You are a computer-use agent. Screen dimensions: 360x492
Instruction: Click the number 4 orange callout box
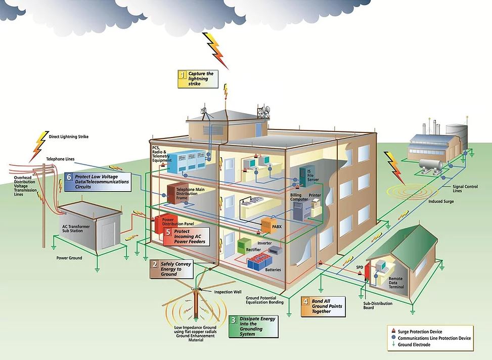(323, 306)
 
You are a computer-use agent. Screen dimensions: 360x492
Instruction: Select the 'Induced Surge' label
(441, 201)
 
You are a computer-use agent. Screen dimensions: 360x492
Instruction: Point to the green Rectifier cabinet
(244, 245)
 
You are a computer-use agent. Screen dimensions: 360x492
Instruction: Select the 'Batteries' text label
(273, 270)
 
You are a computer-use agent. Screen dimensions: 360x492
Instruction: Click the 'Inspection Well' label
(228, 292)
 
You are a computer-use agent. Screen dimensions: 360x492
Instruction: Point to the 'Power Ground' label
(69, 258)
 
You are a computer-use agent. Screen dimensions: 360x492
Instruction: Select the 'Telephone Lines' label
(60, 159)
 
